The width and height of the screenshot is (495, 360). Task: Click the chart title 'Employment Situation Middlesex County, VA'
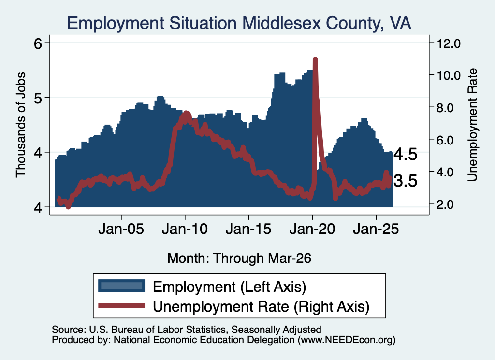pos(239,23)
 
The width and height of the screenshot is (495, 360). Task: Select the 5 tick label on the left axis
pos(38,98)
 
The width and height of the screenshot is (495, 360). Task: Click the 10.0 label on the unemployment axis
pos(449,75)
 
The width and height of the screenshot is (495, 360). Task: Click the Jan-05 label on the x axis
pos(121,229)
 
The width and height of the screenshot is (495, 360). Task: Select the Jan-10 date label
pos(185,229)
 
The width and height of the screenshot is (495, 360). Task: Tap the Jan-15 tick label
pos(248,229)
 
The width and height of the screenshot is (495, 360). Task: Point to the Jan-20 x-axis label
pos(312,229)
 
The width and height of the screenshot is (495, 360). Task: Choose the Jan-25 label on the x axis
pos(376,229)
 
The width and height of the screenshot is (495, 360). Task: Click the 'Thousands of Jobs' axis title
pos(20,125)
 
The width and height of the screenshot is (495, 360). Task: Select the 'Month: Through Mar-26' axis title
pos(239,258)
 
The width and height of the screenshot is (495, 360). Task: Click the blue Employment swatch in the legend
pos(121,286)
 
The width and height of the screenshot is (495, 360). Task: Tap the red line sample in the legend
pos(121,305)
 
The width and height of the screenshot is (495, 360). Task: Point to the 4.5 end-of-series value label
pos(406,155)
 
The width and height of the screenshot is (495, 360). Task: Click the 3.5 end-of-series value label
pos(406,181)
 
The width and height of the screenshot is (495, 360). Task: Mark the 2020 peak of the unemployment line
pos(315,59)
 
